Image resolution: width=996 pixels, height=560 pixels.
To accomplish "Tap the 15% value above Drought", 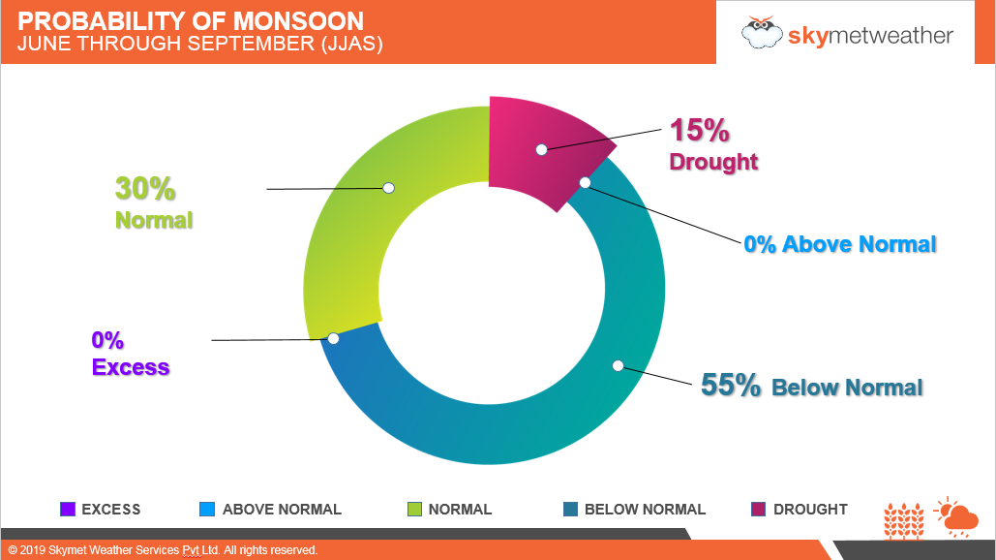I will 699,131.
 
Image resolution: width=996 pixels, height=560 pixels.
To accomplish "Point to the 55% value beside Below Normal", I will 731,386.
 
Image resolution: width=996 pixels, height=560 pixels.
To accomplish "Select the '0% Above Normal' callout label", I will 839,244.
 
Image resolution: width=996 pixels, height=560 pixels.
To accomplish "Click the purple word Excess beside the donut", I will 131,368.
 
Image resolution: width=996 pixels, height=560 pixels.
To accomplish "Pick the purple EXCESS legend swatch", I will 67,510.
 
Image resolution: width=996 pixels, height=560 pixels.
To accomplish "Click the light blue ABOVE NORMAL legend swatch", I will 206,510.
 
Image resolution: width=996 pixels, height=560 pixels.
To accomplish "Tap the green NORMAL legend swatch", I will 413,510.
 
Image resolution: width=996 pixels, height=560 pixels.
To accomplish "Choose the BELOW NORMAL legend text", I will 645,510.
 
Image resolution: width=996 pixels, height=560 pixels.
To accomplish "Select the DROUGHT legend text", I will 810,510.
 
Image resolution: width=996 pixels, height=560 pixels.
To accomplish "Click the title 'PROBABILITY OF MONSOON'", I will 192,20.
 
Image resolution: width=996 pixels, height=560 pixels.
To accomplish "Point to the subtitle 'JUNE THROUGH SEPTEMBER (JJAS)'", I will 200,44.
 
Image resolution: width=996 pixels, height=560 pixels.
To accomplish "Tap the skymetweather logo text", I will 870,36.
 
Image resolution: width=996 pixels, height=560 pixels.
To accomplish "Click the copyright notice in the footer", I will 163,550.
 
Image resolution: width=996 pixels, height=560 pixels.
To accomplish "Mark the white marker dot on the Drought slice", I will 542,149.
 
